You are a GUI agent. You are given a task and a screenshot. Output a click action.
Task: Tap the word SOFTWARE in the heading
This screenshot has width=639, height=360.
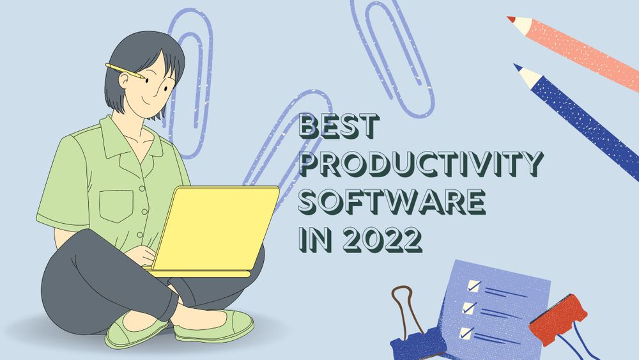[392, 202]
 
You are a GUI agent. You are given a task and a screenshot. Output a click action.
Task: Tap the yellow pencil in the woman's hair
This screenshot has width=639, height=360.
[125, 71]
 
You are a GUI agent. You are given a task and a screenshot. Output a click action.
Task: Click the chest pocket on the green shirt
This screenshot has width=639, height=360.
[117, 203]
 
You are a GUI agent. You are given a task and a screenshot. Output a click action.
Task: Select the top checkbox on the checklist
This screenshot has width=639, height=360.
[473, 285]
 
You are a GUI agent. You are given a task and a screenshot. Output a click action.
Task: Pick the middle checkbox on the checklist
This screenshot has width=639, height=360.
[470, 308]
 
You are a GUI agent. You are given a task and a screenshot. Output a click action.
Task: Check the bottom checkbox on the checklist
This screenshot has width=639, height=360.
[465, 333]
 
